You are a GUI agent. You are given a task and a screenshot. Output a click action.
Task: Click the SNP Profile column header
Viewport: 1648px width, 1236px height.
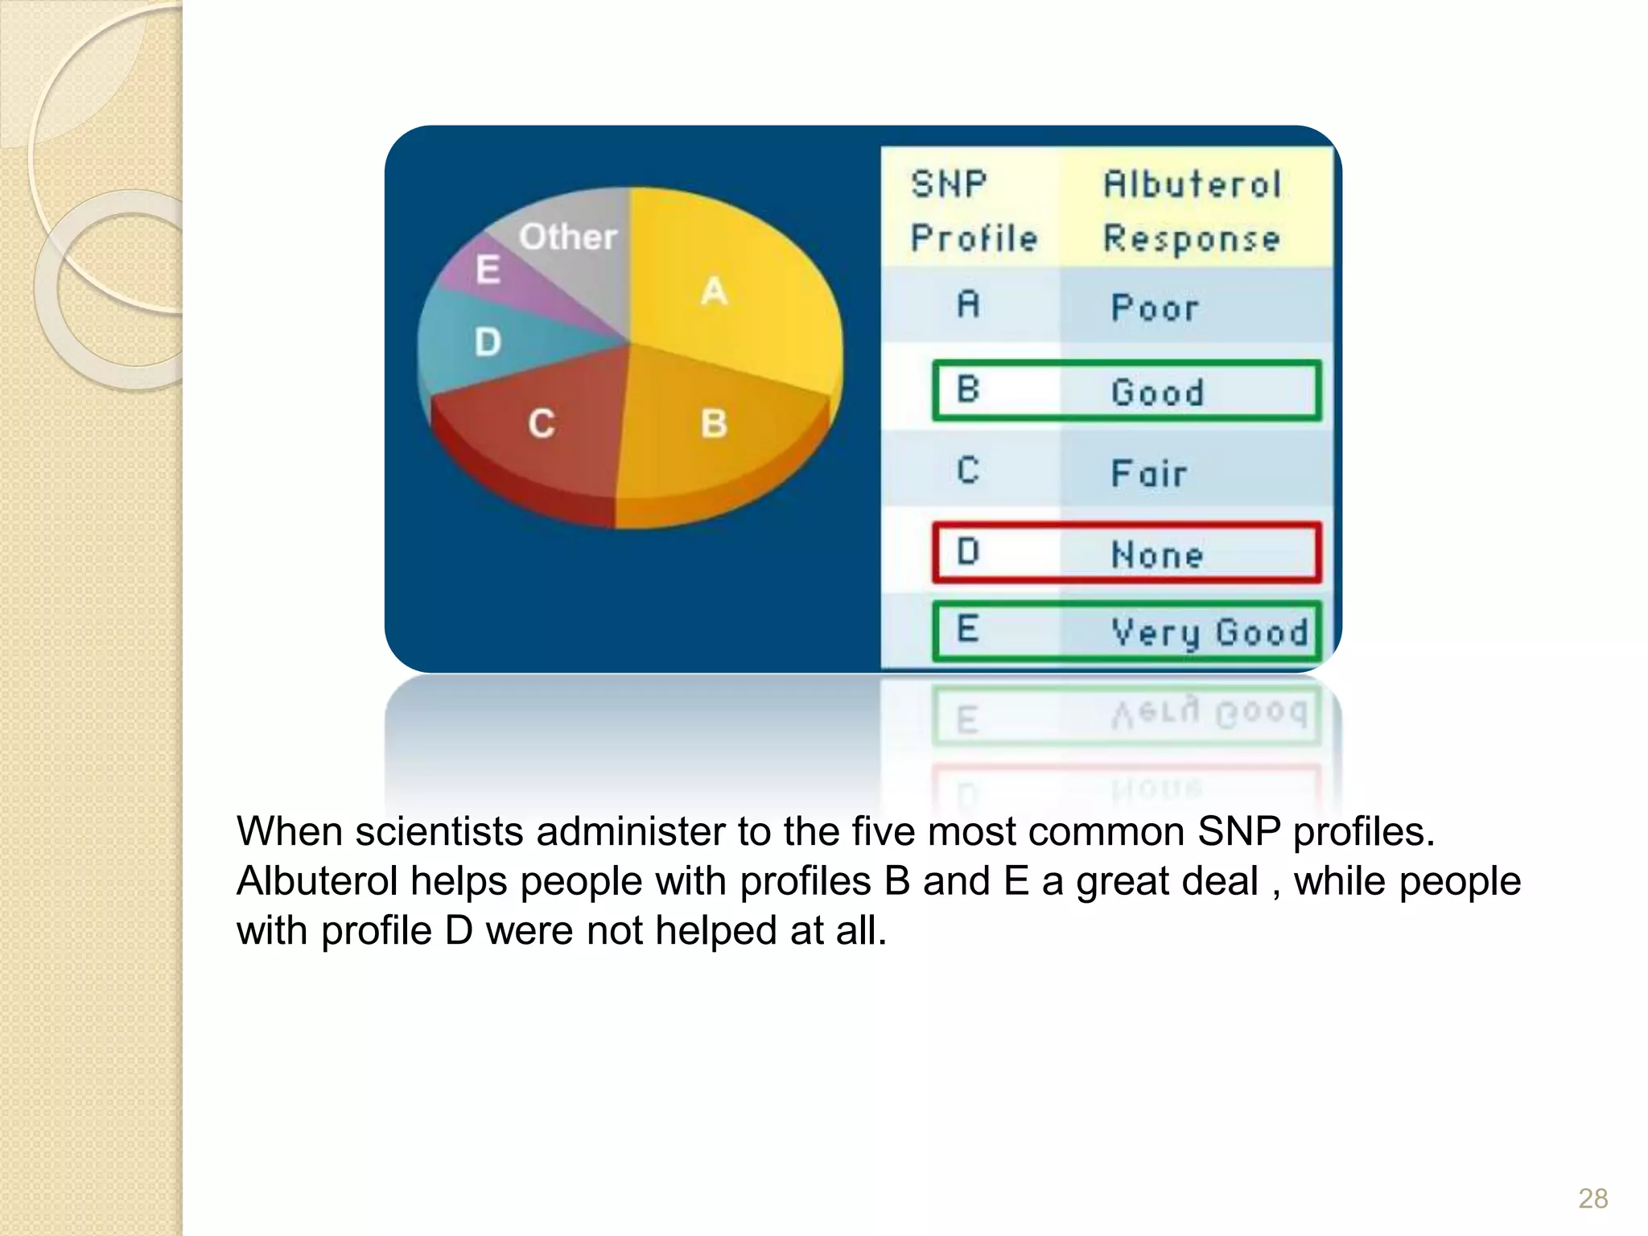974,211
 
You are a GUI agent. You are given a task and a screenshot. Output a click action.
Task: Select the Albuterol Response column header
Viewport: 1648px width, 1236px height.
1192,211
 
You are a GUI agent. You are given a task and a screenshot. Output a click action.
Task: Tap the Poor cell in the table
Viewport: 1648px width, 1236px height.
1155,307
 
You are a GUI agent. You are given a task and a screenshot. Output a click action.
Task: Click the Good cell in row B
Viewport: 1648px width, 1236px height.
1158,393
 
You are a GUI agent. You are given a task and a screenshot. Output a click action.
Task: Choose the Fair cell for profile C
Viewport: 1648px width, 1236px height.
1149,473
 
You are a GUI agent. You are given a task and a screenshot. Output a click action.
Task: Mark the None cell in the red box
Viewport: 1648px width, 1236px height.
1157,555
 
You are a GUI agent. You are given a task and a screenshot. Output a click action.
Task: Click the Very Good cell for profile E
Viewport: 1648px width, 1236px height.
1209,632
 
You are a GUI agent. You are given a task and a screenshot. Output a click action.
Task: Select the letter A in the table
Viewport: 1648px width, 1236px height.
969,305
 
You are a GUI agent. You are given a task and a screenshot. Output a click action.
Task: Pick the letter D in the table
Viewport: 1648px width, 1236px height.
968,552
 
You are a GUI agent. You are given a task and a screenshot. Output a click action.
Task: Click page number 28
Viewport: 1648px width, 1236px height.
1592,1198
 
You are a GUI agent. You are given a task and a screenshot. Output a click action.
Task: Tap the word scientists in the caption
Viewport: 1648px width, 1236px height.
439,831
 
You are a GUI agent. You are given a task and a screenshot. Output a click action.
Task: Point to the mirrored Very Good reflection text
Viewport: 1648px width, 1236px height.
1209,712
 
